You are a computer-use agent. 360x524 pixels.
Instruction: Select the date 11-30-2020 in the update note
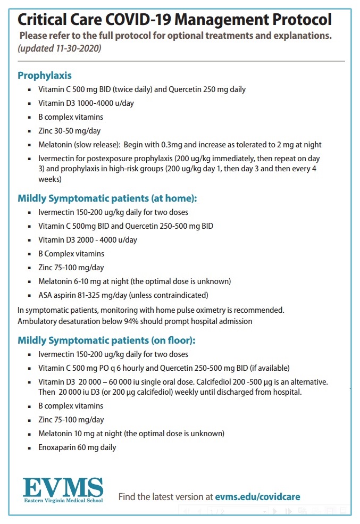click(71, 48)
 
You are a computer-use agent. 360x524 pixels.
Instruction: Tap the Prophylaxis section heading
click(45, 75)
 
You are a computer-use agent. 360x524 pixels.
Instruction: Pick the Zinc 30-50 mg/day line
click(69, 131)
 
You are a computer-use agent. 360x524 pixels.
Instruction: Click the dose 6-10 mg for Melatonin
click(85, 281)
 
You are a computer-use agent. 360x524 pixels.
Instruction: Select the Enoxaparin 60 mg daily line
click(77, 447)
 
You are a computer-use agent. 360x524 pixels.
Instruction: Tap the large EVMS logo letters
click(63, 486)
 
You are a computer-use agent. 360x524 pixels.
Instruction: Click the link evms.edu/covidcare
click(258, 497)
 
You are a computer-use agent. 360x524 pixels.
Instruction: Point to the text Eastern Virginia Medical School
click(63, 501)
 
